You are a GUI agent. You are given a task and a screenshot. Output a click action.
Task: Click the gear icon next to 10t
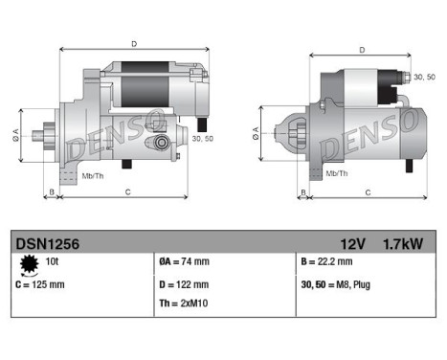(x=28, y=263)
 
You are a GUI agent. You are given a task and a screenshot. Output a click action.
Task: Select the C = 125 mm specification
(x=41, y=284)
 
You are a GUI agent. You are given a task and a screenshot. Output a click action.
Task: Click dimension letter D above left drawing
(x=133, y=42)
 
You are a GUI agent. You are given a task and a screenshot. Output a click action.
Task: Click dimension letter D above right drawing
(x=361, y=50)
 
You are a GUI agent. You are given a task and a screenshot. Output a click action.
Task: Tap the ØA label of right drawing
(x=256, y=129)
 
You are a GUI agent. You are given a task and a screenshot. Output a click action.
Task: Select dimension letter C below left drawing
(x=127, y=191)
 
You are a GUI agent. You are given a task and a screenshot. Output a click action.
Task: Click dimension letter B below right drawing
(x=304, y=192)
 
